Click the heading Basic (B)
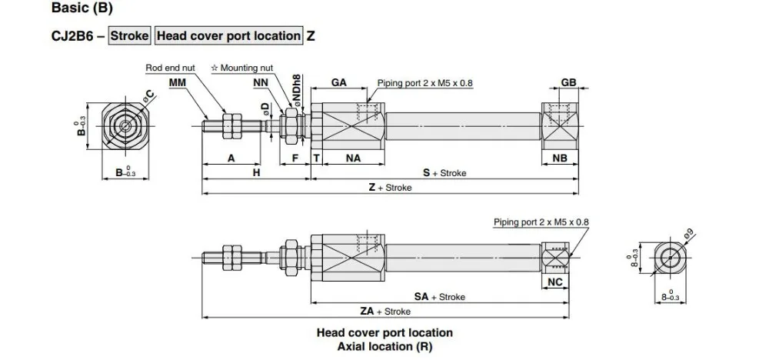tap(82, 10)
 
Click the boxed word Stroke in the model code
tap(129, 35)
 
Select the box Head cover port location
tap(228, 35)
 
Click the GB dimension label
tap(569, 82)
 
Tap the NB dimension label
tap(561, 158)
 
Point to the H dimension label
tap(257, 173)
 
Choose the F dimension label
tap(295, 158)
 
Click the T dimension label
tap(316, 158)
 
